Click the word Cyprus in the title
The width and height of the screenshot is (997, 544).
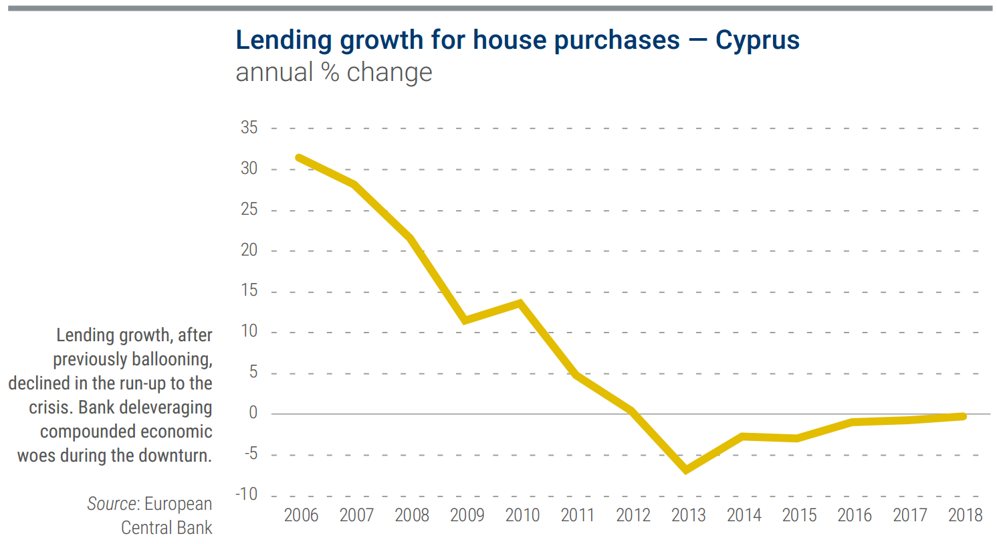[x=757, y=40]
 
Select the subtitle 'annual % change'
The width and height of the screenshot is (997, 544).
[x=334, y=72]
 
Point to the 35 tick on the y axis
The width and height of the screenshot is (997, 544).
[x=249, y=128]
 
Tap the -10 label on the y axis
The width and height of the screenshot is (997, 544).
[x=246, y=494]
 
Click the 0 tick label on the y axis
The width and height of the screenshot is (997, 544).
[x=253, y=413]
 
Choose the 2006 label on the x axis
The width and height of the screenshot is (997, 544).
[x=301, y=515]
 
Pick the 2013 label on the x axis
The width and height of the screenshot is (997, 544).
[x=688, y=515]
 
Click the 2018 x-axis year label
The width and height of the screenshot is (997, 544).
[x=965, y=515]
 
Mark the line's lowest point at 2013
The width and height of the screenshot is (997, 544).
[x=686, y=470]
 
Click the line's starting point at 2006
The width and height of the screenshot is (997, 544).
[x=299, y=158]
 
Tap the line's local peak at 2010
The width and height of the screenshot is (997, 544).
[x=520, y=303]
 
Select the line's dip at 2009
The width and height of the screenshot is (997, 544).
[x=465, y=320]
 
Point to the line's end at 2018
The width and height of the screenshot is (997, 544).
[x=963, y=416]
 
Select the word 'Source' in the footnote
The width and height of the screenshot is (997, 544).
[x=112, y=504]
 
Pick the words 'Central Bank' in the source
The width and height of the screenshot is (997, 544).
[x=167, y=528]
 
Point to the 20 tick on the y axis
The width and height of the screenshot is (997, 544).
[x=249, y=250]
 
